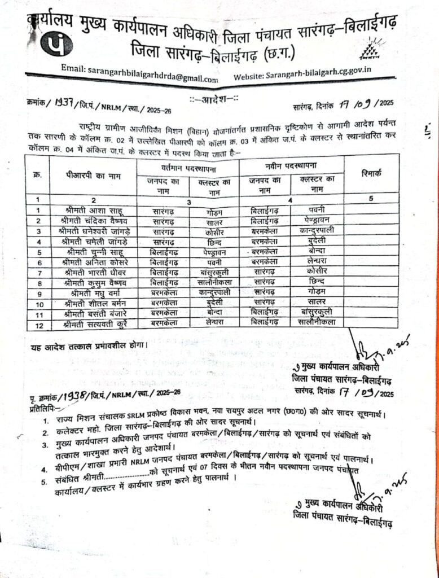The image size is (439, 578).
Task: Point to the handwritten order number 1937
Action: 64,103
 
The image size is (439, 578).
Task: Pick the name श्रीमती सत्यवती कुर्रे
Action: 93,323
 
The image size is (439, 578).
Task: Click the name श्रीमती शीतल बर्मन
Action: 93,303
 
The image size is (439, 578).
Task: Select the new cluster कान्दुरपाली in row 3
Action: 318,231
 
